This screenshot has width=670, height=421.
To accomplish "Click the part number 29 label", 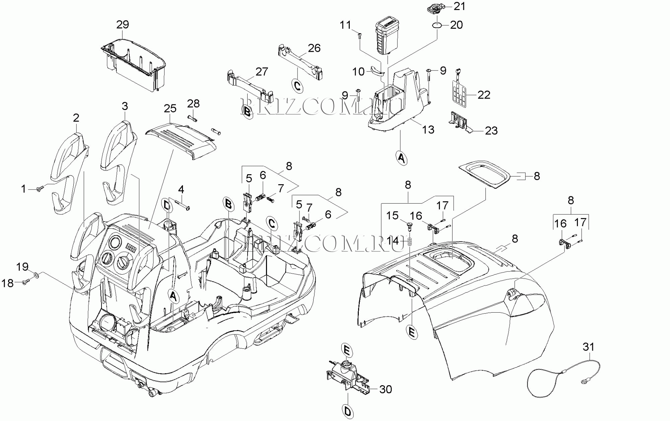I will (x=123, y=24).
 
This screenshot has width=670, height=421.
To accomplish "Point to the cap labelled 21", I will (x=435, y=7).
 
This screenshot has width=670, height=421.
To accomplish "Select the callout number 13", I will (x=428, y=129).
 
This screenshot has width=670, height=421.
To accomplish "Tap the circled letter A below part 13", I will (x=401, y=157).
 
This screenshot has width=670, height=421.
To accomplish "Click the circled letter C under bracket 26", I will (x=297, y=86).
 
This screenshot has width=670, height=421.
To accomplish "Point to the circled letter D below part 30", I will (x=348, y=411).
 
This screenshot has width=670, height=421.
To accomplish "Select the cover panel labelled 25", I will (x=181, y=140).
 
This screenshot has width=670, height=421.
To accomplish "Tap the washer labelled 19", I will (x=36, y=276).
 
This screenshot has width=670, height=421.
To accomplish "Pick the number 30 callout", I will (x=386, y=389).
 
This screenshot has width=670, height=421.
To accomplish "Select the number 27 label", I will (x=262, y=72).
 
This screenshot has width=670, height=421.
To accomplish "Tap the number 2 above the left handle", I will (x=76, y=118).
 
